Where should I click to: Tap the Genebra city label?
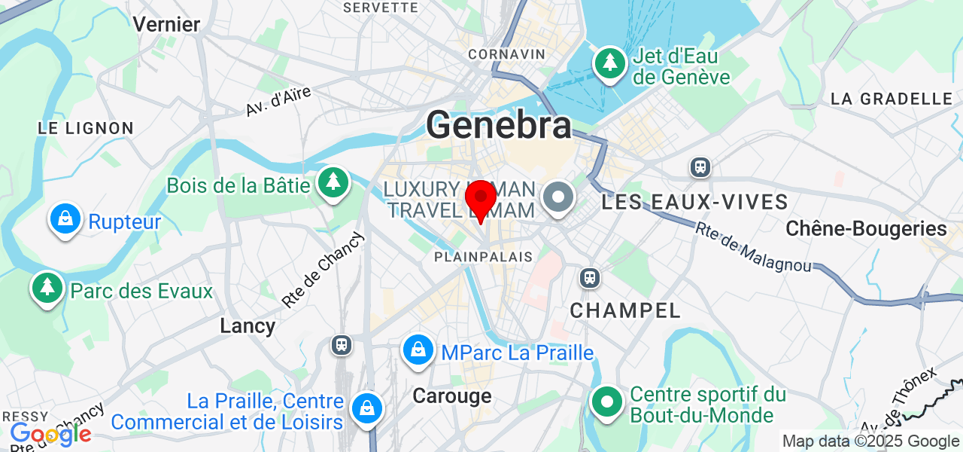coord(499,125)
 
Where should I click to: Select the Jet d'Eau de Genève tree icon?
coord(610,63)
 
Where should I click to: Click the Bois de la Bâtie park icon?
coord(332,182)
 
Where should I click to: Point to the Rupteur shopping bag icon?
coord(65,219)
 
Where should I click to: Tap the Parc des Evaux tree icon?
coord(47,288)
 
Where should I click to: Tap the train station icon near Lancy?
coord(342,345)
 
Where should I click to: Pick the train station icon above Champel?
coord(590,278)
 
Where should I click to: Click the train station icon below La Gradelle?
coord(700,166)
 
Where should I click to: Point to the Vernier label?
coord(166,24)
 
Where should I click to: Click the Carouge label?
coord(452,395)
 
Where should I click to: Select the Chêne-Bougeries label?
coord(866,228)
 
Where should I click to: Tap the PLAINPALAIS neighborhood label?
coord(483,257)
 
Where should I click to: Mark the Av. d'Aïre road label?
coord(278,101)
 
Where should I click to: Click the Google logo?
coord(50,434)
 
